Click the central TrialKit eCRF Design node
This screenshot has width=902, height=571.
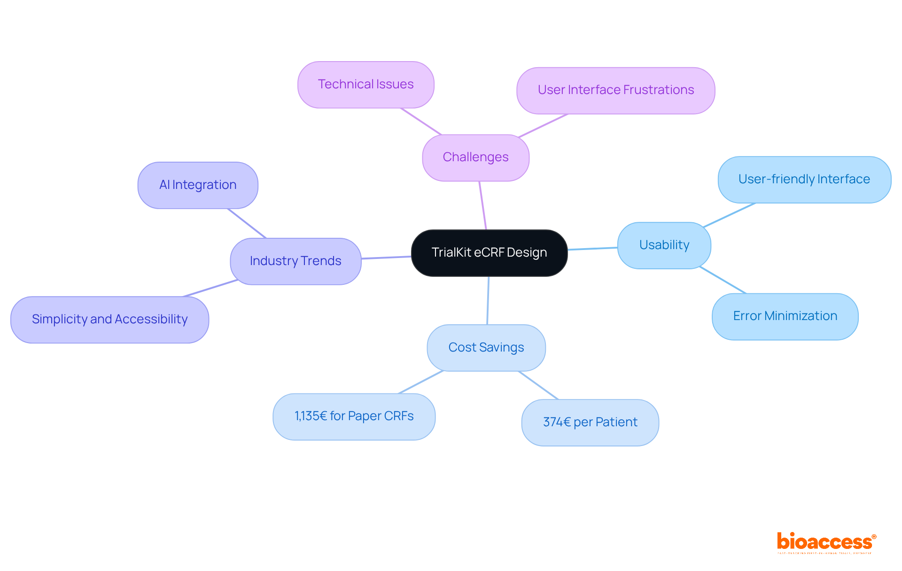(489, 253)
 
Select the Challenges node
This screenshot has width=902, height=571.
(475, 157)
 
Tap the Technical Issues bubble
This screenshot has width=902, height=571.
(365, 85)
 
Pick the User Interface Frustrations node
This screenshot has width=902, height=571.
(615, 90)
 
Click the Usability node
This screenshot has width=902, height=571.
(664, 245)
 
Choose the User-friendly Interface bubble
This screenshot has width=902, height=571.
(804, 180)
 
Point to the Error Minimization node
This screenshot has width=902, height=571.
(785, 316)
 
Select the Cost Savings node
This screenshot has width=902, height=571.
(486, 348)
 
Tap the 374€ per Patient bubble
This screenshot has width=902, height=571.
(590, 422)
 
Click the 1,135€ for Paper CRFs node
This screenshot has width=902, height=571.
(354, 416)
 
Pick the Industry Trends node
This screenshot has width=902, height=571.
(295, 261)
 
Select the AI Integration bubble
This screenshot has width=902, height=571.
(198, 185)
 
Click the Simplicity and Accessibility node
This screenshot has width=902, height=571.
(109, 320)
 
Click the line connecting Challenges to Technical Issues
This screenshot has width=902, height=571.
(421, 122)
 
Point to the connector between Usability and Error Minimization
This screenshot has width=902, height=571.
(723, 280)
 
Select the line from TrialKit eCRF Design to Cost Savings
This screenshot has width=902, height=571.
(488, 300)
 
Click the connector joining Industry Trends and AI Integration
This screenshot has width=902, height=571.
(247, 223)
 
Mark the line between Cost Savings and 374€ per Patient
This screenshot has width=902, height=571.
(538, 385)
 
